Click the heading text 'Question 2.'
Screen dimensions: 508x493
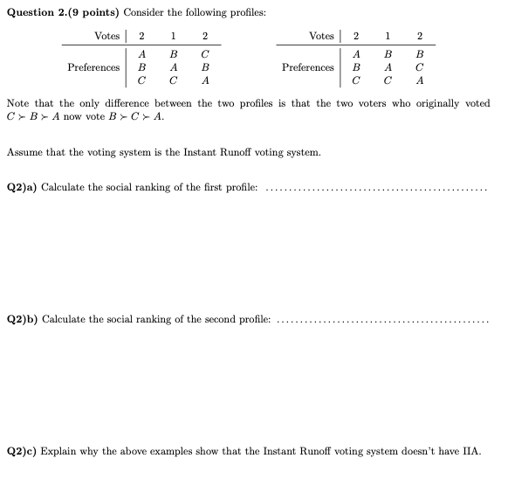(35, 12)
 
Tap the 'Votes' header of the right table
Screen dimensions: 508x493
(320, 36)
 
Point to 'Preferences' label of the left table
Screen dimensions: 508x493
(93, 67)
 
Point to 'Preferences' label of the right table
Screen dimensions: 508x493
(308, 67)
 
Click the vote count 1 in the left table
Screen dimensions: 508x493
(174, 36)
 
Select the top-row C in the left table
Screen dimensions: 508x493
(204, 53)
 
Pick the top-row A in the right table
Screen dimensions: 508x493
(356, 53)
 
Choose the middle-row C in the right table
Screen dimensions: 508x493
(420, 67)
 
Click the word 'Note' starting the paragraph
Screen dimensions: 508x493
(18, 103)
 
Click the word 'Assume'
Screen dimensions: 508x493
(24, 151)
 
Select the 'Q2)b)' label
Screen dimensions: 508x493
(22, 320)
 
